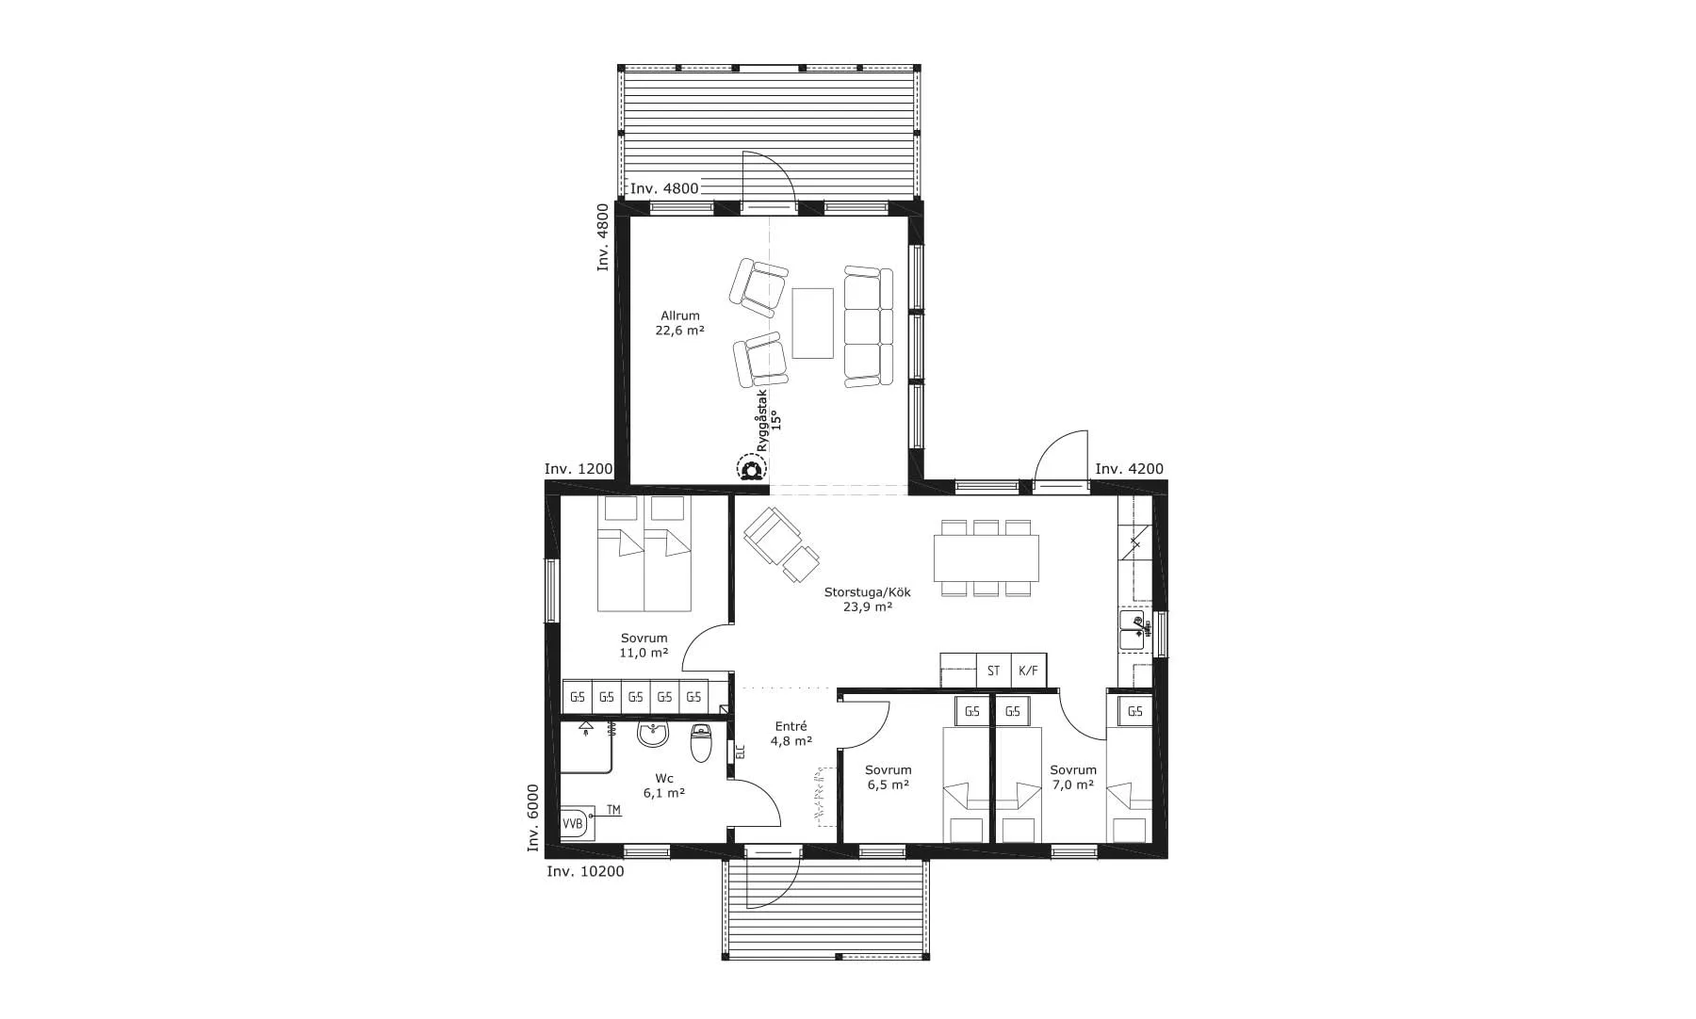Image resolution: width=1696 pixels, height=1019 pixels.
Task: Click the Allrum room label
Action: [x=679, y=323]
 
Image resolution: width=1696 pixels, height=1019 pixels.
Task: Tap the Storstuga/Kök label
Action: [x=867, y=600]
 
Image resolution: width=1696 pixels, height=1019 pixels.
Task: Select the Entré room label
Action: [x=791, y=734]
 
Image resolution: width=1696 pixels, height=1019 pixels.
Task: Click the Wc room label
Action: [x=664, y=785]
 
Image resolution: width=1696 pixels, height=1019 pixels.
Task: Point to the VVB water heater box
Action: [x=574, y=823]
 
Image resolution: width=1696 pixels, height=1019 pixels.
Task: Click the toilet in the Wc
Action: [x=700, y=743]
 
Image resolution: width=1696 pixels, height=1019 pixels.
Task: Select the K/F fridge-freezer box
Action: [x=1028, y=671]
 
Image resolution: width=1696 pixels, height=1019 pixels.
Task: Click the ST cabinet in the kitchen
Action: [x=993, y=671]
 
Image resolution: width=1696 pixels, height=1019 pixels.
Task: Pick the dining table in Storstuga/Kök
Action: [x=987, y=558]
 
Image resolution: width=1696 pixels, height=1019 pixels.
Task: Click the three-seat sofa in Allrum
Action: [x=868, y=326]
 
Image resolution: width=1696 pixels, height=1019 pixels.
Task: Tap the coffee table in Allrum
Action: [x=812, y=323]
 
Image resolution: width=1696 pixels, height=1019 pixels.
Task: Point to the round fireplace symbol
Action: [x=751, y=468]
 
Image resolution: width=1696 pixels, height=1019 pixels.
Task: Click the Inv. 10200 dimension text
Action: [x=585, y=871]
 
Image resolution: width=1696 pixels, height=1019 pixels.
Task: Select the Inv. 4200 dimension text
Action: [x=1129, y=469]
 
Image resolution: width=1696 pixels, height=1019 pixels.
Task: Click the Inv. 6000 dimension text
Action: [x=533, y=818]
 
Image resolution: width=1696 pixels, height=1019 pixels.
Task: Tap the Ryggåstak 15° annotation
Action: [x=769, y=421]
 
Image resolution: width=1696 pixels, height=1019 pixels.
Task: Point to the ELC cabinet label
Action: [x=740, y=752]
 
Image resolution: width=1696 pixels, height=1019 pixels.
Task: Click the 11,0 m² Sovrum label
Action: [x=644, y=645]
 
